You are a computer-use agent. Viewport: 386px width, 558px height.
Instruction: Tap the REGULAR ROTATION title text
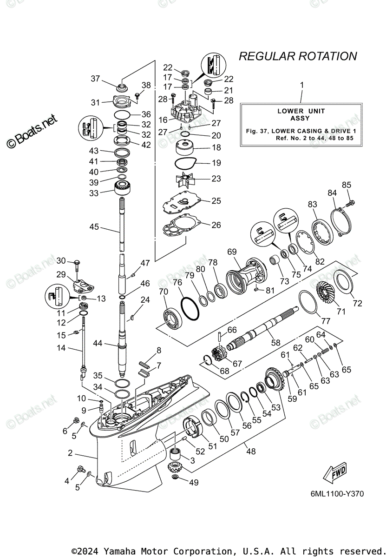(x=298, y=56)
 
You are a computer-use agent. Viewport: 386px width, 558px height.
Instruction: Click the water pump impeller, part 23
(x=188, y=179)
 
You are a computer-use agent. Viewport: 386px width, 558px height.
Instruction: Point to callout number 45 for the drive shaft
(x=94, y=227)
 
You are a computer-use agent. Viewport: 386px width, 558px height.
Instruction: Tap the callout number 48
(x=251, y=451)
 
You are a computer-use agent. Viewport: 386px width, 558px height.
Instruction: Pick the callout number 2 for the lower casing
(x=70, y=452)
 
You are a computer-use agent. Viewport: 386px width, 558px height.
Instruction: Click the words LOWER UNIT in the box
(x=301, y=111)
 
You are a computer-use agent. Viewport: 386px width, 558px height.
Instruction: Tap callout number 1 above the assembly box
(x=301, y=85)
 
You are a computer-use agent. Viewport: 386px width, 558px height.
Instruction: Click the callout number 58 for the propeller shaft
(x=276, y=342)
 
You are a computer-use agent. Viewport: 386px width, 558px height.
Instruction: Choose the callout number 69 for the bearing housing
(x=232, y=252)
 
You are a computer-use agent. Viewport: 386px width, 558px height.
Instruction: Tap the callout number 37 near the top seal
(x=95, y=79)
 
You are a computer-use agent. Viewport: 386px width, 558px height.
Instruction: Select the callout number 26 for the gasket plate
(x=216, y=225)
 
